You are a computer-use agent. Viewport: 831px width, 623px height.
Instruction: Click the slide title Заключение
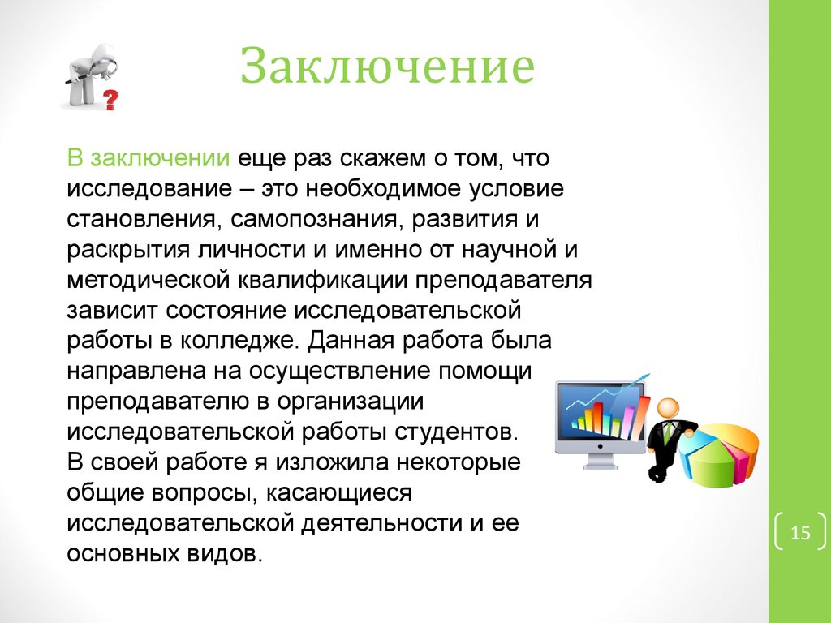tap(387, 67)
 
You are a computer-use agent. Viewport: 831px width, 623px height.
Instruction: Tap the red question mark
tap(110, 100)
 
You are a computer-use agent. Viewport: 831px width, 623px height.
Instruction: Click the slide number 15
tap(800, 532)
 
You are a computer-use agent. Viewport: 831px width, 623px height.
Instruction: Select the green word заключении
tap(160, 158)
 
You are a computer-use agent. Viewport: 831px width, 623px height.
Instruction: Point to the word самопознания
tap(313, 220)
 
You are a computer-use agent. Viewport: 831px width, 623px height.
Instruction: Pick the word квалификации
tap(323, 280)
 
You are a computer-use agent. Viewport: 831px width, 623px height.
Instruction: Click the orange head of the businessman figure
tap(668, 409)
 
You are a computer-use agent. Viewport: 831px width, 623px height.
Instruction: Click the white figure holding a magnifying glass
tap(89, 77)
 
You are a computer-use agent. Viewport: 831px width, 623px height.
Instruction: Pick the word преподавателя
tap(503, 281)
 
